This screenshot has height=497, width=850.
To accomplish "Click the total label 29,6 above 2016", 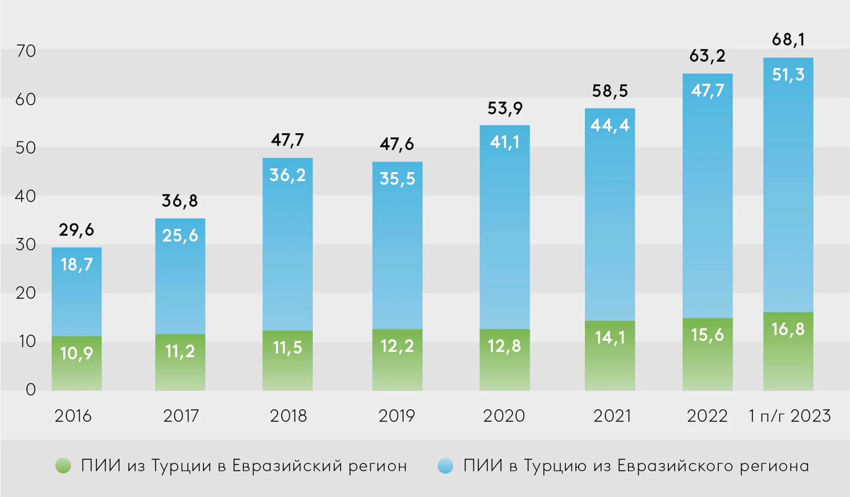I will [x=76, y=230].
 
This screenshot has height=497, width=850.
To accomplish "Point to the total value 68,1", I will [x=788, y=39].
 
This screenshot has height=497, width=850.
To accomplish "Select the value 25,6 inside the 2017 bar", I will [x=180, y=236].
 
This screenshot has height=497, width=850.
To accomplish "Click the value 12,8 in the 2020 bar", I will [x=504, y=346].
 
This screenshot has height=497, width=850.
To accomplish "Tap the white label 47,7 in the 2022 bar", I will [x=707, y=91].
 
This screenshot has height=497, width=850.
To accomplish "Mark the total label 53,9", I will [x=504, y=108].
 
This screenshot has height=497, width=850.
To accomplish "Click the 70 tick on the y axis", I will [x=26, y=51].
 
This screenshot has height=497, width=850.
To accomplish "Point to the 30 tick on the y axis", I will [x=26, y=245].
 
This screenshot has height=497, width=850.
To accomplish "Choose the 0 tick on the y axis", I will [x=31, y=389].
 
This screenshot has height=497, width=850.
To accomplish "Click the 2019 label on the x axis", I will [x=397, y=416].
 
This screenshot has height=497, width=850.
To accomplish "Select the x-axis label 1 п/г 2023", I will [x=789, y=416].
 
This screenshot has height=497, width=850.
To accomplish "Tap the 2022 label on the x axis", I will [x=707, y=416].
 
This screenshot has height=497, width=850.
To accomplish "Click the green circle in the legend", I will [x=63, y=465].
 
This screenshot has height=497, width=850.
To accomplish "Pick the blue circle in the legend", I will [x=445, y=465].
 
